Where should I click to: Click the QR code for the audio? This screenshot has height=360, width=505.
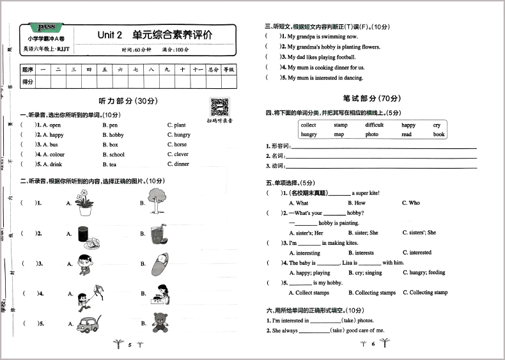coord(219,106)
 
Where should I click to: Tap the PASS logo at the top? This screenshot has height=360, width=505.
coord(47,27)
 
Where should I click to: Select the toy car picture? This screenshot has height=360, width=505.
coord(86,323)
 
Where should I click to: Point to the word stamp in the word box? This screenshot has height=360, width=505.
coord(340,125)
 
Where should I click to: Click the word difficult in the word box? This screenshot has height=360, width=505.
coord(375,125)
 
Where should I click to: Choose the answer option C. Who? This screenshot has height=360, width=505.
coord(411,203)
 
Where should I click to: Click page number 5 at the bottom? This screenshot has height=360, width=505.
coord(129,345)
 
